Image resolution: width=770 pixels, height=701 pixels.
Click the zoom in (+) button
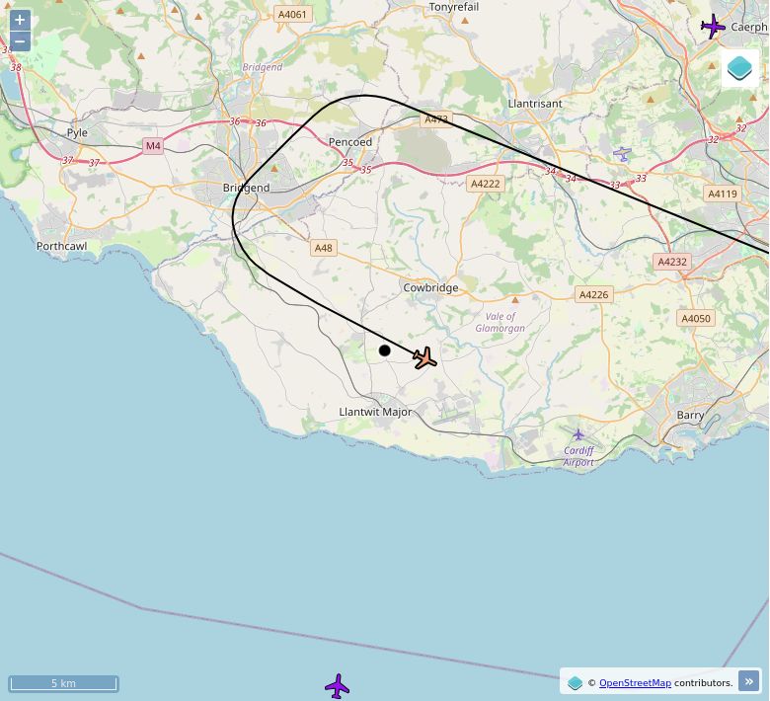[x=20, y=20]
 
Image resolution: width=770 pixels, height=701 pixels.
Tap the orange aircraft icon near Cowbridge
[x=425, y=358]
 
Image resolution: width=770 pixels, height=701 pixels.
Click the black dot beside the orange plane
[x=385, y=350]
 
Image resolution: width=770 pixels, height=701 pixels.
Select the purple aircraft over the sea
[x=338, y=686]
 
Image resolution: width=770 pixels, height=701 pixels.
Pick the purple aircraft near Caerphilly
[x=713, y=27]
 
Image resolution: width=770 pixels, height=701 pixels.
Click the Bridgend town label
[x=246, y=188]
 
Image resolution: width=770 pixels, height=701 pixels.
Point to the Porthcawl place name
[x=61, y=246]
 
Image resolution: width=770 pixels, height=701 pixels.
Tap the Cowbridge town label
[x=430, y=288]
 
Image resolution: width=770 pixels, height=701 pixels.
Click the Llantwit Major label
[x=375, y=412]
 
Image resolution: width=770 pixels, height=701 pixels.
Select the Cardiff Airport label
[x=578, y=456]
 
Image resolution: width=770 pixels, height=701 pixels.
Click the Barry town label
[x=691, y=416]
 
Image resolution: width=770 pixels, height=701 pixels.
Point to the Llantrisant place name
[x=534, y=103]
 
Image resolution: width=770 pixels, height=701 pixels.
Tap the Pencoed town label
[x=350, y=142]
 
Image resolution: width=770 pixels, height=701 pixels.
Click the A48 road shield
[x=323, y=248]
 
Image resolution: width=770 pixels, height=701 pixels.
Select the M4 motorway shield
[x=152, y=146]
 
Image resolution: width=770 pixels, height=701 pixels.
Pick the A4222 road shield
[x=486, y=184]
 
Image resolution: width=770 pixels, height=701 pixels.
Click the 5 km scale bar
[x=63, y=683]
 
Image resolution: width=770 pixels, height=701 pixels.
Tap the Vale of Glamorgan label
[x=500, y=322]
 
